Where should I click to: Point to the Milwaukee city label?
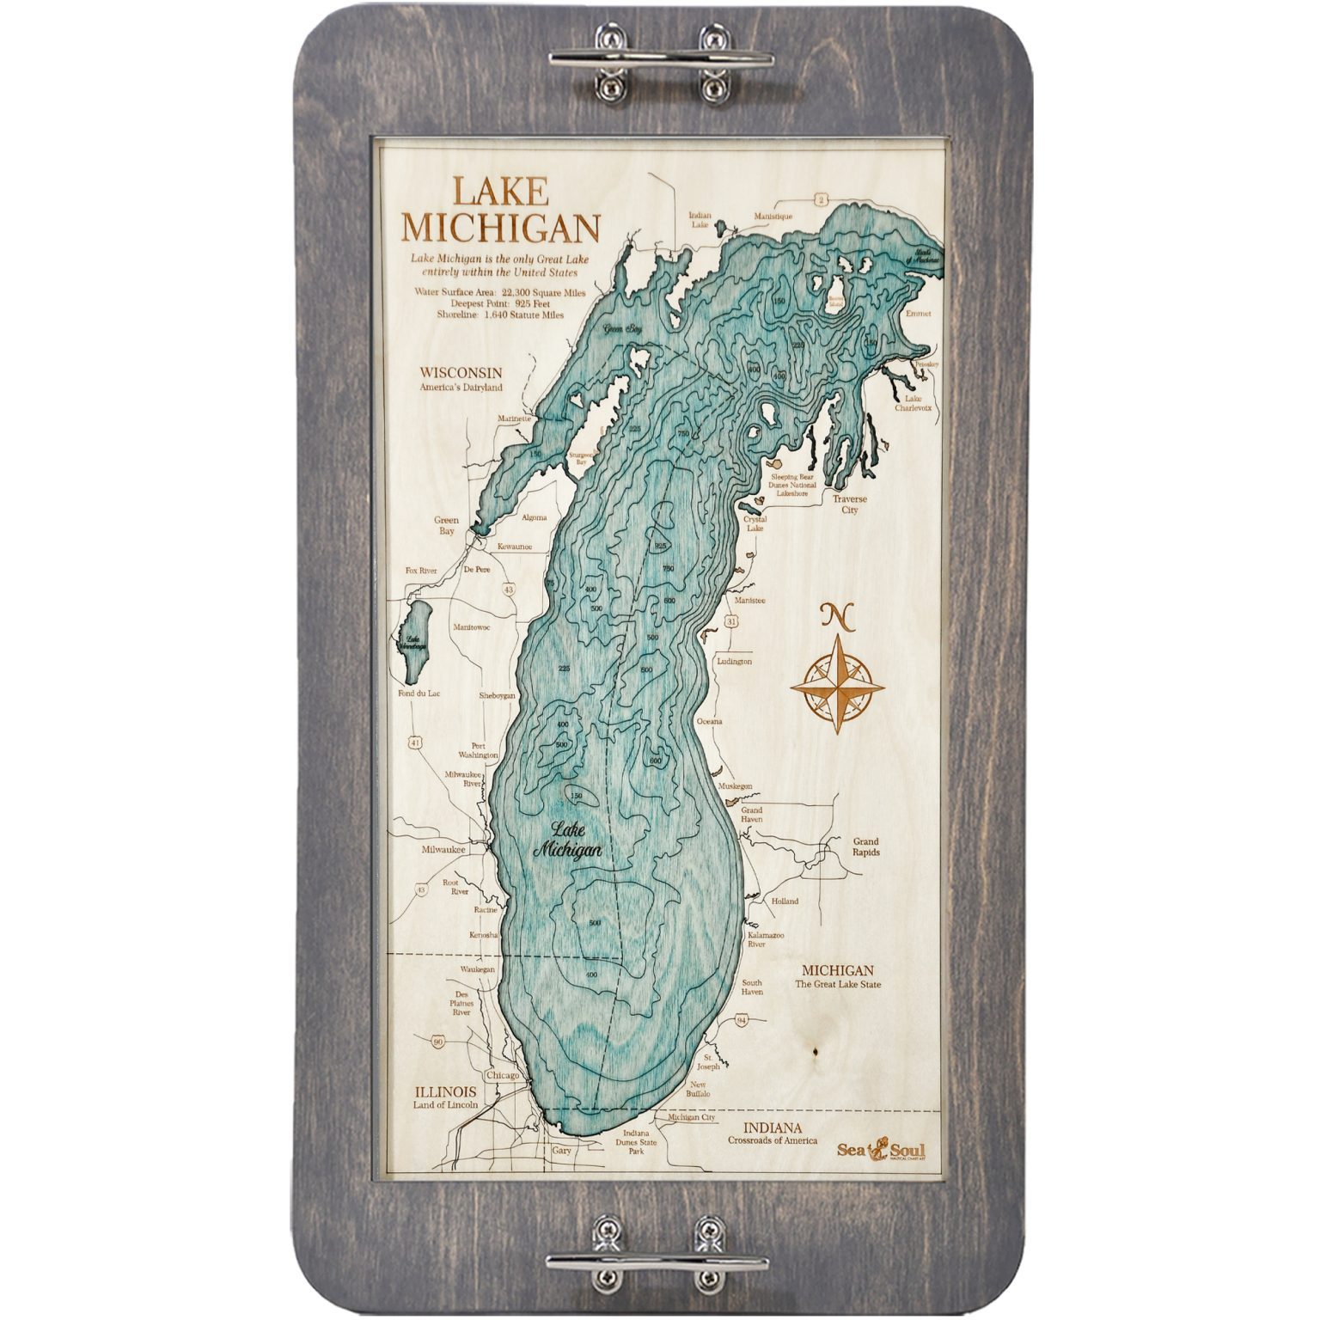(x=443, y=849)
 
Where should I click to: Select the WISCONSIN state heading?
(x=460, y=372)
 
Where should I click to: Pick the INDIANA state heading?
(x=774, y=1127)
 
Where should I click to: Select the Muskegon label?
(x=736, y=785)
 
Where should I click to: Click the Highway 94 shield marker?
(x=742, y=1019)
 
